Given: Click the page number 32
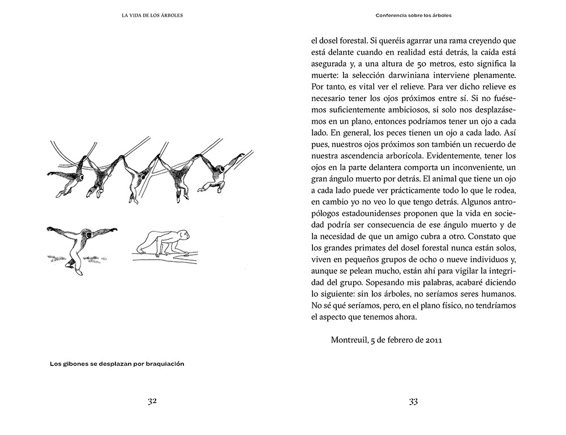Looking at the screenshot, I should pyautogui.click(x=152, y=401).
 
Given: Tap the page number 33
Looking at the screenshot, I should pyautogui.click(x=413, y=401).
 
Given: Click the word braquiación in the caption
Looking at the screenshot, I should pyautogui.click(x=164, y=364).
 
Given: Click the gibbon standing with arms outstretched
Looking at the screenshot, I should pyautogui.click(x=81, y=246).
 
